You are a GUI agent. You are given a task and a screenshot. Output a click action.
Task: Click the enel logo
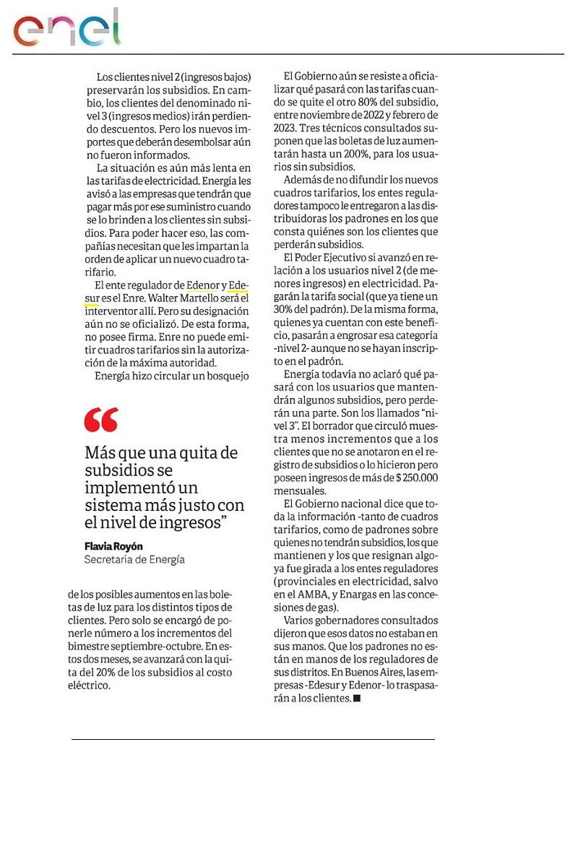[66, 29]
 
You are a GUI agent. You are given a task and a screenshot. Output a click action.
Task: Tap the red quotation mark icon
[100, 419]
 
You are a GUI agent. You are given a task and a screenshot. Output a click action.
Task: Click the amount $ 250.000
[411, 477]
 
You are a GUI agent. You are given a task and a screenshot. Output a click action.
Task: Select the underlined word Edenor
[202, 285]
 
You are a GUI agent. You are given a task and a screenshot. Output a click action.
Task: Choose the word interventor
[109, 311]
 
